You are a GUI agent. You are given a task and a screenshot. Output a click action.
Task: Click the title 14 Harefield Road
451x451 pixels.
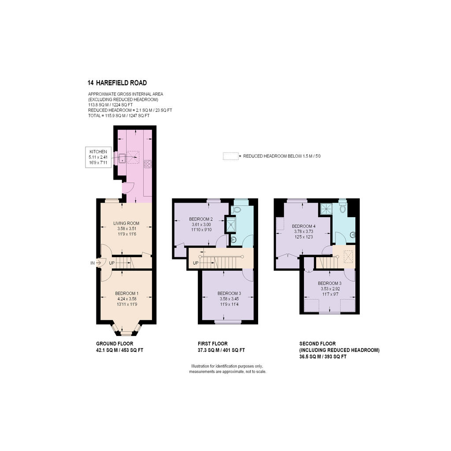coord(117,83)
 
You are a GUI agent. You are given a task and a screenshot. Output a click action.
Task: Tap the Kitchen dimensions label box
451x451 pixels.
coord(98,157)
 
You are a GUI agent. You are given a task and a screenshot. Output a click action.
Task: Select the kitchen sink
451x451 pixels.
coord(122,158)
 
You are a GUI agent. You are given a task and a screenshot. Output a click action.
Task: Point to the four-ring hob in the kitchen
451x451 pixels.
coord(148,164)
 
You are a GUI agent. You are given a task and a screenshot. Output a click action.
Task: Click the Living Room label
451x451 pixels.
coord(126,223)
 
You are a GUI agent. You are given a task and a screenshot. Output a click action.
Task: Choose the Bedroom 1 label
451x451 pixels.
coord(127,293)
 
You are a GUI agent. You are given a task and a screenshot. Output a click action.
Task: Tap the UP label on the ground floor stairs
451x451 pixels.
coord(111,263)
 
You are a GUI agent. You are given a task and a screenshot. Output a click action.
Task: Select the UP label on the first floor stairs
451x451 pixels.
coord(196,263)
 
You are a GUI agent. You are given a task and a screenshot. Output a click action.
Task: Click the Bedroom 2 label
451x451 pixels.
coord(201,219)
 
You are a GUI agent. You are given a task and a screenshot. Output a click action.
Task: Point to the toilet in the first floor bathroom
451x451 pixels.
coord(236,209)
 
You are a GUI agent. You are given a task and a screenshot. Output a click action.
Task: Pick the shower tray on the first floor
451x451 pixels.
coord(230,225)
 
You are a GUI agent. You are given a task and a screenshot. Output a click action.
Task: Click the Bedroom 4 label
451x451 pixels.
coord(303,226)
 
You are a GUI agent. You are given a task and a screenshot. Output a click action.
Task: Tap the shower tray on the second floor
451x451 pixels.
coord(326,209)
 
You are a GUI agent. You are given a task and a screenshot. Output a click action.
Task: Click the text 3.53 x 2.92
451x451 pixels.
coord(329,289)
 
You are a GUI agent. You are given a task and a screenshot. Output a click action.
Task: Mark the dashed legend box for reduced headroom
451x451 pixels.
coord(230,156)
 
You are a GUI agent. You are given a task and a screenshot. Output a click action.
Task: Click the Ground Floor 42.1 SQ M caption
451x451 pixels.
coord(120,347)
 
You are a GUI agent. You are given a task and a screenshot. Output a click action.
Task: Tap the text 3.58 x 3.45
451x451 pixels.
coord(229,299)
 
